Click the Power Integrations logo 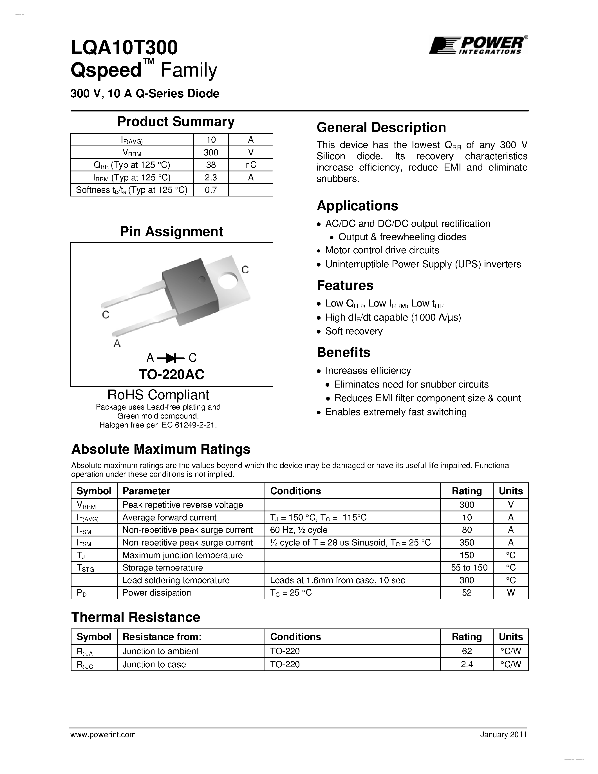tap(478, 45)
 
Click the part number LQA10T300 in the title tap(124, 48)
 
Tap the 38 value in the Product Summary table tap(211, 165)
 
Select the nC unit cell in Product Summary tap(250, 165)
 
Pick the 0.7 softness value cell tap(211, 190)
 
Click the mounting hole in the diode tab tap(227, 280)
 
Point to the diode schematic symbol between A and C tap(171, 358)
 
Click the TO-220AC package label tap(171, 374)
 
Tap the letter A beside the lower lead tap(117, 343)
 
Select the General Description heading tap(381, 127)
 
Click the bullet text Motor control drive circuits tap(382, 250)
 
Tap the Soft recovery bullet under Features tap(353, 331)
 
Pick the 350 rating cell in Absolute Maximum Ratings tap(467, 543)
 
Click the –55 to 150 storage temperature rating tap(467, 568)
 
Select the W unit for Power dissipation tap(510, 592)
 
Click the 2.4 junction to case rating tap(467, 665)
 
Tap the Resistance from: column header tap(162, 637)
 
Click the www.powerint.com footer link tap(103, 735)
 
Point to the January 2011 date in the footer tap(503, 735)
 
